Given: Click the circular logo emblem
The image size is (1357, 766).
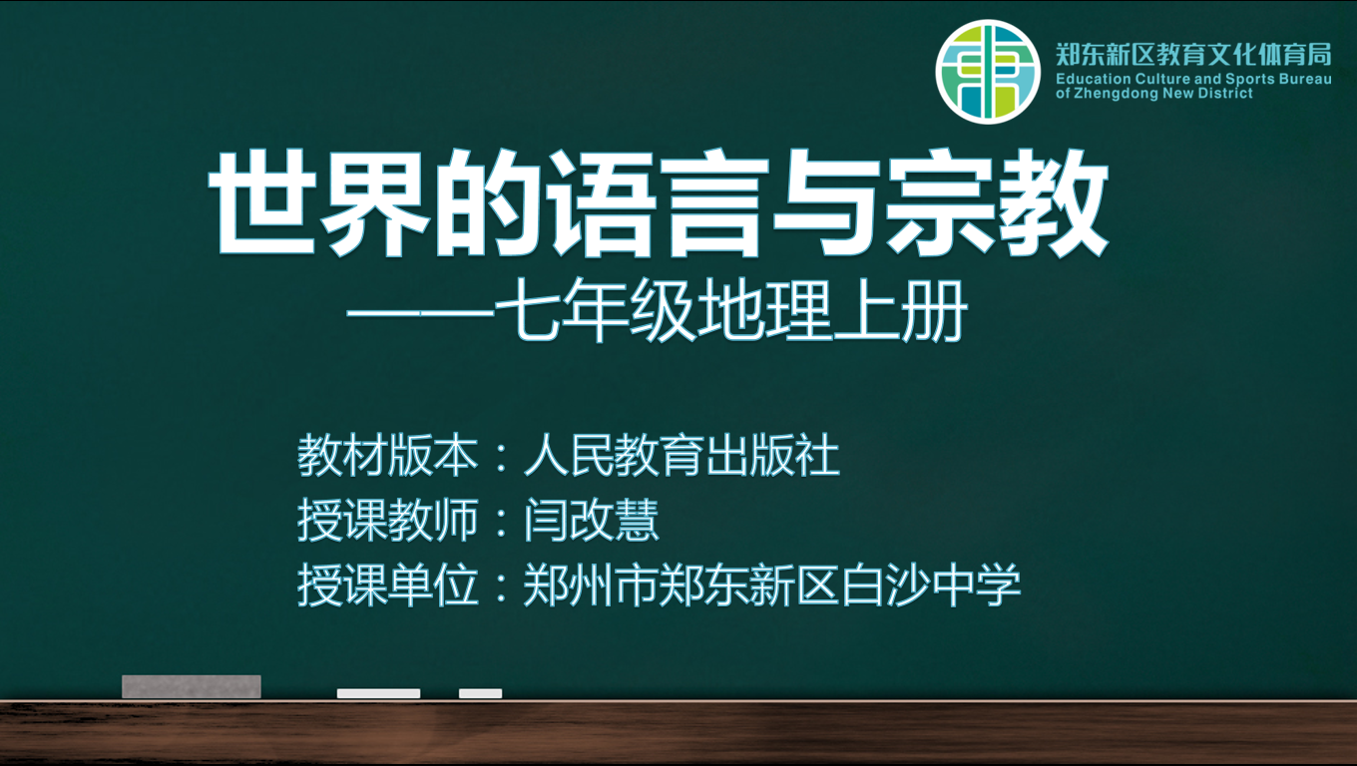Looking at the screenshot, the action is point(988,72).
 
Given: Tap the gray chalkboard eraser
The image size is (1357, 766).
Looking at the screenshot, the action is point(192,686).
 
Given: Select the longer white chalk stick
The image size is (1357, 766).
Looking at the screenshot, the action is point(378,693).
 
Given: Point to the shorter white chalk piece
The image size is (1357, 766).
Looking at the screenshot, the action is point(480,693).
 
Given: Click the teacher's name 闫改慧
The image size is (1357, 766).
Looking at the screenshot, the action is point(592,521).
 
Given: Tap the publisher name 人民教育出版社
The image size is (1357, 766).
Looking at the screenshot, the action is point(681,455).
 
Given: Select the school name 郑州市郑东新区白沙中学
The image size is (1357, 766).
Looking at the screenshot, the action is point(772,584).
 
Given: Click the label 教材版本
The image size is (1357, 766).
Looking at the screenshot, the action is point(388,455).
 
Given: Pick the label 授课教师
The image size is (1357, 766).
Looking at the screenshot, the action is point(388,521).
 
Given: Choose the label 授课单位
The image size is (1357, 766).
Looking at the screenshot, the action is point(388,584).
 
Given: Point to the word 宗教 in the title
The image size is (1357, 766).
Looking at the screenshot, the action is point(996,202).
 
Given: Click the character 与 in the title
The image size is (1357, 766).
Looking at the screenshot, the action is point(826,202).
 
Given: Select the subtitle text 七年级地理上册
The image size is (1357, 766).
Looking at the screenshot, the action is point(731,310).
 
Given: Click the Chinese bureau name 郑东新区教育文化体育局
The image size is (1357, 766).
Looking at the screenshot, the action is point(1193,55).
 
